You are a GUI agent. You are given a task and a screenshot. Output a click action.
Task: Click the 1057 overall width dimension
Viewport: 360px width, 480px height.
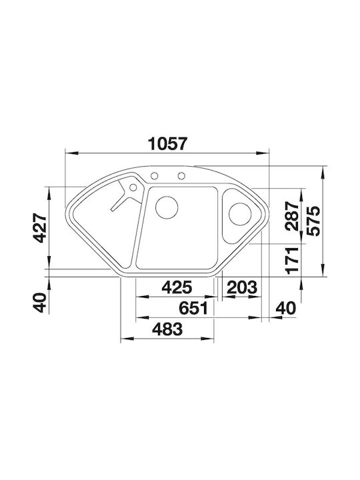(x=167, y=144)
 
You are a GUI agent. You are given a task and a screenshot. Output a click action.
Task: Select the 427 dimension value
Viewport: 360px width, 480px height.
(x=40, y=229)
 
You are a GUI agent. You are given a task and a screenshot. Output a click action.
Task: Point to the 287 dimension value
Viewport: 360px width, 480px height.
(x=291, y=216)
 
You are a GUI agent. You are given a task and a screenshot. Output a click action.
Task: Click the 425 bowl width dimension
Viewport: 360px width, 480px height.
(x=177, y=287)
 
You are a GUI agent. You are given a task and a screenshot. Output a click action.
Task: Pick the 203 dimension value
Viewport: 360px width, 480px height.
(x=242, y=287)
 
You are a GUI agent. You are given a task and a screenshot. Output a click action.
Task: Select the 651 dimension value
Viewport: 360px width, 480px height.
(x=193, y=308)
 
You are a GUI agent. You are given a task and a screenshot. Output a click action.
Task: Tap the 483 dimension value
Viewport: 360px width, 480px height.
(x=167, y=329)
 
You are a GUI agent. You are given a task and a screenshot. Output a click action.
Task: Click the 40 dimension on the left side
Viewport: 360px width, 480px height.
(x=40, y=303)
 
